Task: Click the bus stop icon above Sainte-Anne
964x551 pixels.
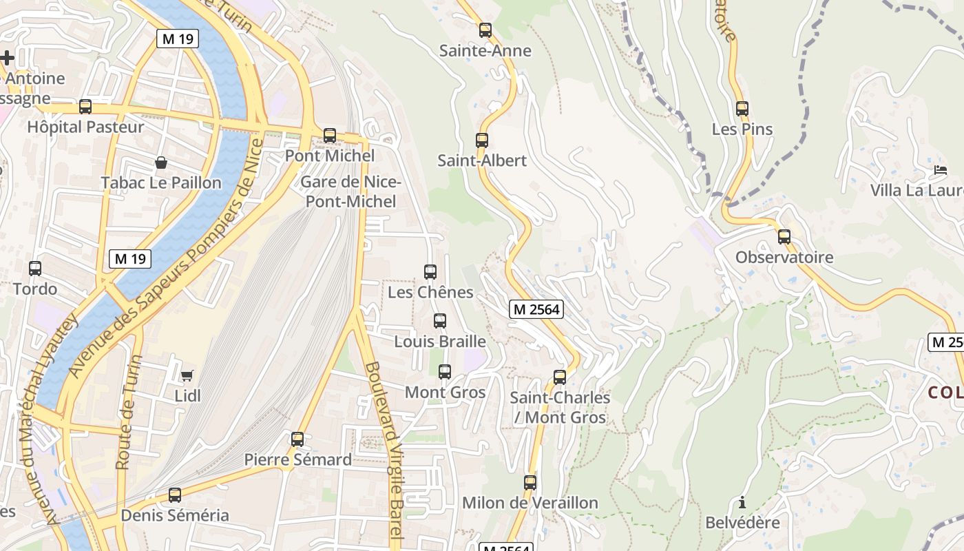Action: [485, 30]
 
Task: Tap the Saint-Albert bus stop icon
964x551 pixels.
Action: [482, 141]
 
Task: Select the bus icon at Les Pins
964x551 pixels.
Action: [742, 109]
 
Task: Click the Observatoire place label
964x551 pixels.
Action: [784, 258]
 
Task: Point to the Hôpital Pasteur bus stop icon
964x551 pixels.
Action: [85, 107]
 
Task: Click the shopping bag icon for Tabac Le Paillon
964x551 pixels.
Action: [161, 163]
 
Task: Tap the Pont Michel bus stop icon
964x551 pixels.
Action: [330, 136]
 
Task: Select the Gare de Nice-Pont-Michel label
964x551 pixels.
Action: [350, 192]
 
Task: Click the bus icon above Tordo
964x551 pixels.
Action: [35, 269]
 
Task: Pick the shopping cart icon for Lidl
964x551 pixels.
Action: [187, 375]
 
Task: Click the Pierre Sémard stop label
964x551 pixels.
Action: [297, 459]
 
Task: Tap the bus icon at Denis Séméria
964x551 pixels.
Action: [175, 495]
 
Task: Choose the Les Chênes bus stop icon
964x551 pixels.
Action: [430, 272]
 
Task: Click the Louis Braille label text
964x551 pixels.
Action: [440, 342]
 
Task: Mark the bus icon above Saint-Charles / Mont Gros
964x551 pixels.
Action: [560, 377]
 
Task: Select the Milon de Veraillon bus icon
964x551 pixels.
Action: [530, 483]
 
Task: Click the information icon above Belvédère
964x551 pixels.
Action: [742, 502]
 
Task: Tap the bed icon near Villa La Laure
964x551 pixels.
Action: [941, 170]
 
